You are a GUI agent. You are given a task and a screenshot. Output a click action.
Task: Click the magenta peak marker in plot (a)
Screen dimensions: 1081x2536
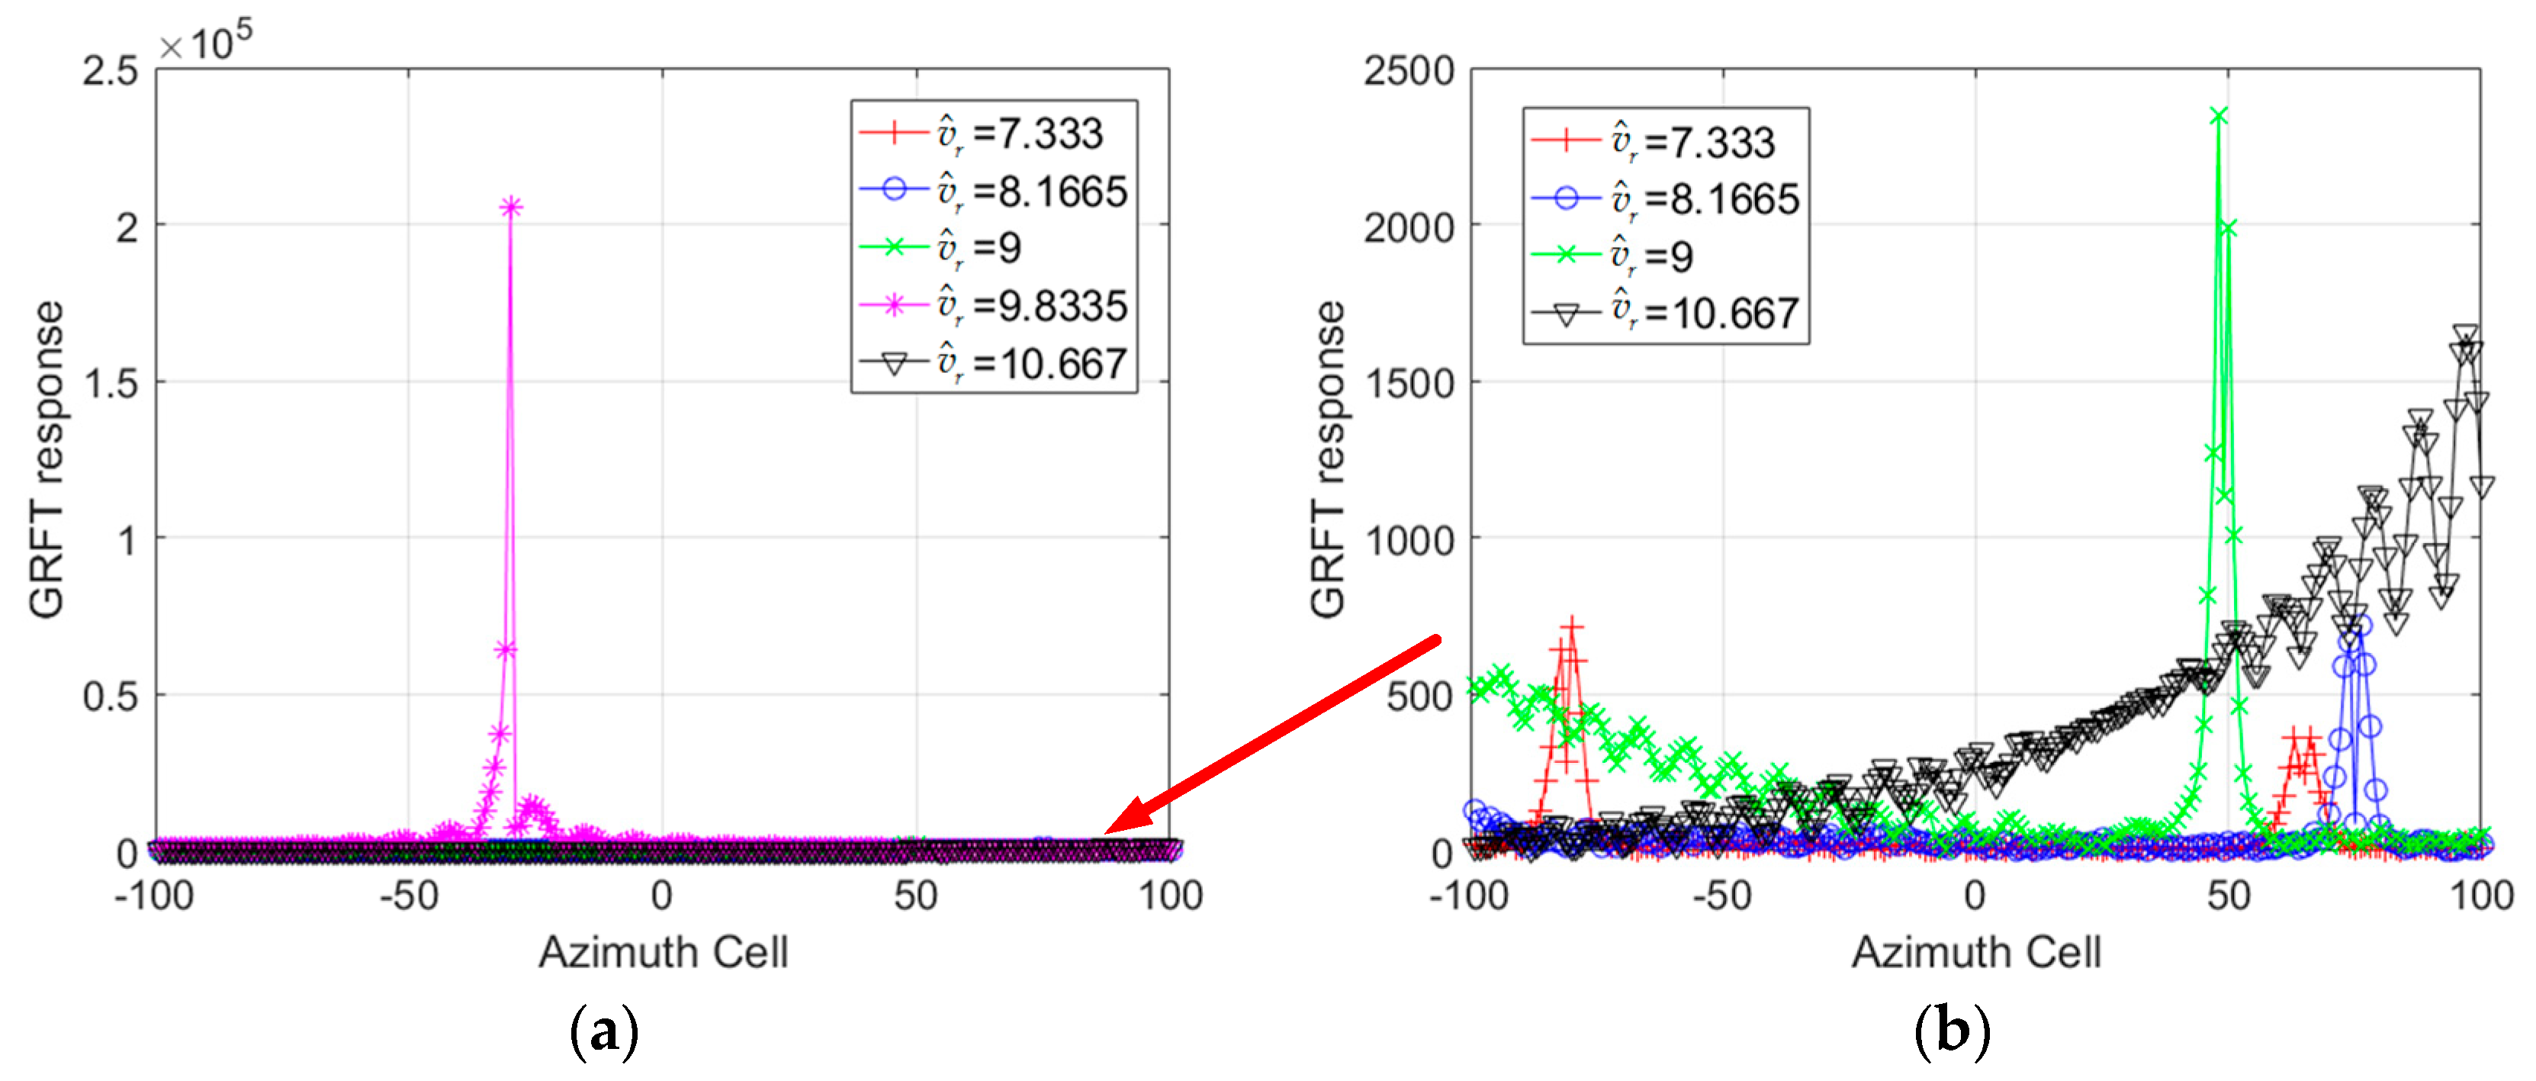[x=511, y=207]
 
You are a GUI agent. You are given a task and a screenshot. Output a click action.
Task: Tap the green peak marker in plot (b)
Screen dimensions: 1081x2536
[x=2218, y=116]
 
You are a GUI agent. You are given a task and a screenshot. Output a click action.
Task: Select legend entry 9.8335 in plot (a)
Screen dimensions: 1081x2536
[x=995, y=305]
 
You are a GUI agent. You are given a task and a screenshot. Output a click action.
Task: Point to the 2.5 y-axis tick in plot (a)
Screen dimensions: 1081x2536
[x=111, y=71]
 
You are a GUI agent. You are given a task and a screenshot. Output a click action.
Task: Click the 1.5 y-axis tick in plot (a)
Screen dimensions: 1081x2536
[x=111, y=384]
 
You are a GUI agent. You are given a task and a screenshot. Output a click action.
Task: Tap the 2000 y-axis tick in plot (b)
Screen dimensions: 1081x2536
[x=1408, y=227]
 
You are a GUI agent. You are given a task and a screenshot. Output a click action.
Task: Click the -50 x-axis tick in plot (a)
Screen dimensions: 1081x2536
[x=409, y=896]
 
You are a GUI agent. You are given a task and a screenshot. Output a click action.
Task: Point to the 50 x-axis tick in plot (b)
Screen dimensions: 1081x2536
[x=2228, y=896]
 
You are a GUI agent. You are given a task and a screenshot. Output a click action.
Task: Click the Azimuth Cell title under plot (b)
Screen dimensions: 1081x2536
[x=1976, y=952]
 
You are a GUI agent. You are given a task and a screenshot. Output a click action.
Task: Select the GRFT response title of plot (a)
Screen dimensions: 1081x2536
[x=47, y=460]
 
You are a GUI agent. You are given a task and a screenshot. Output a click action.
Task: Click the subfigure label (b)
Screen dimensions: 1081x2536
[x=1951, y=1031]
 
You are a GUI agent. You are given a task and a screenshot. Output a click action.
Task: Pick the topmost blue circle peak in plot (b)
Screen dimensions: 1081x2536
[x=2360, y=624]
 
